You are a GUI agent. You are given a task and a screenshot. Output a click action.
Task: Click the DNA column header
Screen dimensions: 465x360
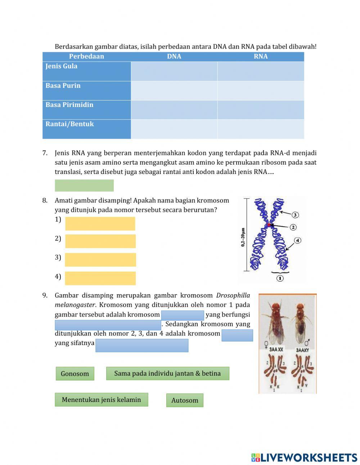pyautogui.click(x=174, y=57)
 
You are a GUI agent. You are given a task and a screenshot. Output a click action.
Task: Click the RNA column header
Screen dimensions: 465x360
pyautogui.click(x=261, y=57)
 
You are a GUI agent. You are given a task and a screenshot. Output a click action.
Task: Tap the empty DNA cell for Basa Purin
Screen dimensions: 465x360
pyautogui.click(x=174, y=90)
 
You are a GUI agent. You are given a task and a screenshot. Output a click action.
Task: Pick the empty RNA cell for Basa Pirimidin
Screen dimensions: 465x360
pyautogui.click(x=261, y=109)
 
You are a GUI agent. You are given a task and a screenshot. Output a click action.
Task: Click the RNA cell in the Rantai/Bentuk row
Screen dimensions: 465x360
pyautogui.click(x=261, y=129)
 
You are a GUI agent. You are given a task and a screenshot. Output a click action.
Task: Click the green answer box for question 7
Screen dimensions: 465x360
pyautogui.click(x=84, y=185)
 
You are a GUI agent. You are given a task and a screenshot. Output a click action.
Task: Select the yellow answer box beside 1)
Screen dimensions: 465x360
pyautogui.click(x=100, y=224)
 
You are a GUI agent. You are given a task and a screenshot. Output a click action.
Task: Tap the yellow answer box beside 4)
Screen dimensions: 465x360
pyautogui.click(x=100, y=278)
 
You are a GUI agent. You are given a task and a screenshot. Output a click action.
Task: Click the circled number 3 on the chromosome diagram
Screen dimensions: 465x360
pyautogui.click(x=295, y=215)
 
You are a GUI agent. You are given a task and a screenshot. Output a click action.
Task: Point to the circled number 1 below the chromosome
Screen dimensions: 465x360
pyautogui.click(x=280, y=278)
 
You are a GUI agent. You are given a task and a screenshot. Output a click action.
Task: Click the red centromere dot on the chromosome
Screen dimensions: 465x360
pyautogui.click(x=269, y=225)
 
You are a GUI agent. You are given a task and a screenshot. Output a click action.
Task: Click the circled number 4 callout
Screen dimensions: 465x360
pyautogui.click(x=297, y=240)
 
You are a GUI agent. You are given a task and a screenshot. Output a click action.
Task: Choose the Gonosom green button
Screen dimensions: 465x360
pyautogui.click(x=75, y=374)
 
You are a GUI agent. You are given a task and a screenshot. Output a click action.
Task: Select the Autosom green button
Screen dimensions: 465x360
pyautogui.click(x=185, y=400)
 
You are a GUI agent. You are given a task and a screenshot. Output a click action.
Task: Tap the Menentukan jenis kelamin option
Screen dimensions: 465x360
pyautogui.click(x=101, y=400)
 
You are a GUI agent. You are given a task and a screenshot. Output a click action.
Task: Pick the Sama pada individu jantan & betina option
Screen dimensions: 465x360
pyautogui.click(x=167, y=373)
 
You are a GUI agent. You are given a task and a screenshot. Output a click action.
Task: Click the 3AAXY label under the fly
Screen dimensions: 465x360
pyautogui.click(x=302, y=350)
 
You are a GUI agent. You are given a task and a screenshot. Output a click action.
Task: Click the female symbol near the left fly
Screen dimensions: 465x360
pyautogui.click(x=266, y=343)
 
